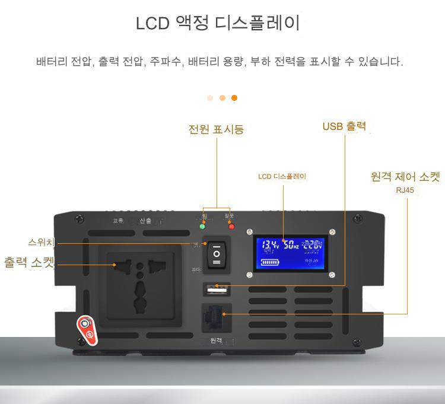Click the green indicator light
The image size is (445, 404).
[x=202, y=226]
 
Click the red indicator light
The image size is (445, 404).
[x=231, y=226]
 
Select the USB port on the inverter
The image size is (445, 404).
[x=217, y=290]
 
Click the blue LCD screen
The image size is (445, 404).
[x=291, y=252]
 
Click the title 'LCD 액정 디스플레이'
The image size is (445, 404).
[x=218, y=24]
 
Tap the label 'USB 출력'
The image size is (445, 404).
[x=344, y=126]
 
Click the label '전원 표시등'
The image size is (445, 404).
[x=216, y=129]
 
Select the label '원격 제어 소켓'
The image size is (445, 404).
[x=405, y=177]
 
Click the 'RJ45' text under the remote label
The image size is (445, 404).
[x=405, y=190]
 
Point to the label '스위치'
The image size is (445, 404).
[x=42, y=243]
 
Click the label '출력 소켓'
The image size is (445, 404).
[x=30, y=262]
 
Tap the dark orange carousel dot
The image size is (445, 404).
[x=234, y=98]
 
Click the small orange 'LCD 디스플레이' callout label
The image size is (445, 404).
[x=282, y=176]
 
